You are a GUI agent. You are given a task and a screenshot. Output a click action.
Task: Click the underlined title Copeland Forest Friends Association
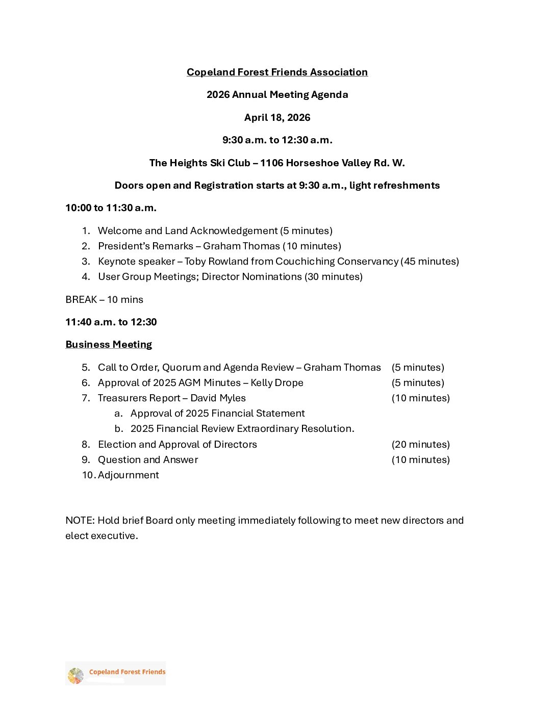(277, 72)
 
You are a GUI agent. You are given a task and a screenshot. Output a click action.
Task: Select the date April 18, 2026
(277, 118)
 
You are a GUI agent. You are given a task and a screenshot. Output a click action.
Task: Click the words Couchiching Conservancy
(337, 262)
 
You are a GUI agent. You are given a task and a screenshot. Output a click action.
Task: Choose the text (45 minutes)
(430, 262)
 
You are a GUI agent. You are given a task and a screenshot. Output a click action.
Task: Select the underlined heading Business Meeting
(109, 345)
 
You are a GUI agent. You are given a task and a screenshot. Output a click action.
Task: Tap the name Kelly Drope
(277, 383)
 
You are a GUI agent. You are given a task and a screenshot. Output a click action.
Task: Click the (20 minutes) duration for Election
(420, 445)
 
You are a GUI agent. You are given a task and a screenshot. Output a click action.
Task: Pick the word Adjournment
(129, 475)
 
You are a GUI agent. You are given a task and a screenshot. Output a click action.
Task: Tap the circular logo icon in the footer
(75, 676)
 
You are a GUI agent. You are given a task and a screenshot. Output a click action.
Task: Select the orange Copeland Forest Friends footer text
(127, 672)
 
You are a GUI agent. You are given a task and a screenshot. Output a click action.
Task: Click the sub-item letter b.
(118, 429)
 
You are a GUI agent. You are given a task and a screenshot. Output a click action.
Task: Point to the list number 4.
(86, 277)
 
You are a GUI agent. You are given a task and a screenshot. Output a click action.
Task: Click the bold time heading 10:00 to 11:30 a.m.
(111, 208)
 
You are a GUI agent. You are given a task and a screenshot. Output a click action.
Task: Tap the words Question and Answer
(148, 460)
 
